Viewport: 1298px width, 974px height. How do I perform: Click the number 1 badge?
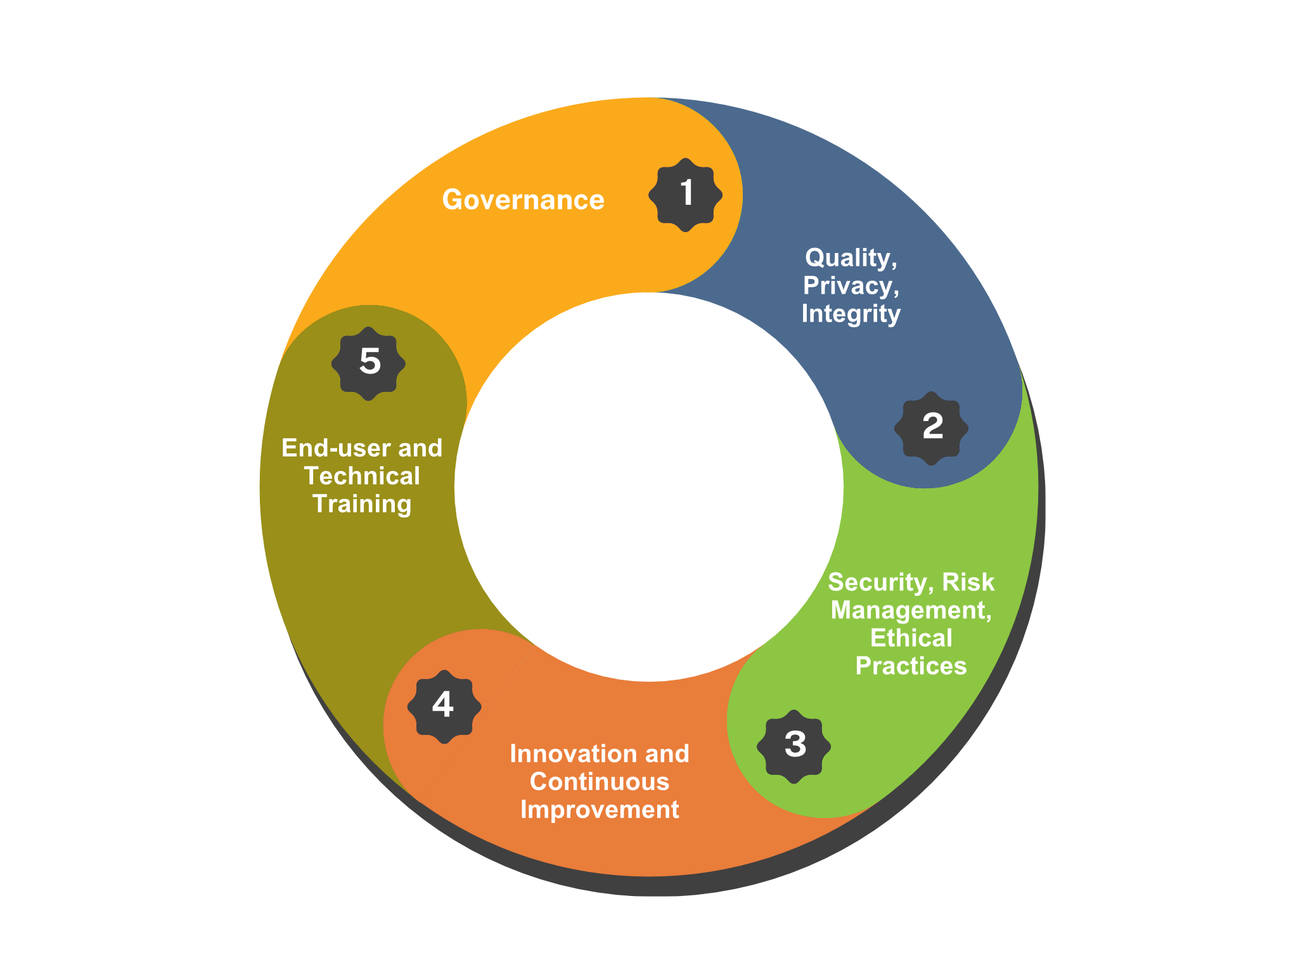[x=686, y=195]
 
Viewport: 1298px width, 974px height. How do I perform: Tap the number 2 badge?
[x=932, y=428]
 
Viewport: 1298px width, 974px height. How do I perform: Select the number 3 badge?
[x=794, y=746]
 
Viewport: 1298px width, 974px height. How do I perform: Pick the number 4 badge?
[x=444, y=706]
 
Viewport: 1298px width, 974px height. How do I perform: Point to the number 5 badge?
[x=369, y=363]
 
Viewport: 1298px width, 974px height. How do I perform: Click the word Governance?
[x=523, y=200]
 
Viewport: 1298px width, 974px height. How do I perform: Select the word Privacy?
[x=850, y=286]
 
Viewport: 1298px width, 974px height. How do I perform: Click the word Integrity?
[x=851, y=314]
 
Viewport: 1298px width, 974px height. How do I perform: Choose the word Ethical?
[x=911, y=638]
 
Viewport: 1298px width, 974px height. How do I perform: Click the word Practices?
[x=911, y=666]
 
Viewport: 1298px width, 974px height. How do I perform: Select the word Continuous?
[x=600, y=782]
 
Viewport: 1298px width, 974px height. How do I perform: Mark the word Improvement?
[x=600, y=810]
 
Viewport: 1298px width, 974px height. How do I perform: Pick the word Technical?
[x=362, y=476]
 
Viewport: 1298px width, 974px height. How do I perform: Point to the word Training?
[x=362, y=505]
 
